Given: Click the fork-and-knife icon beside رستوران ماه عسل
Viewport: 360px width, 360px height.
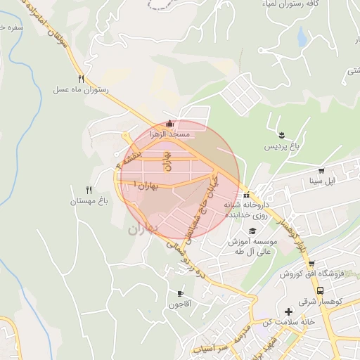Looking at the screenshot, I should (x=82, y=79).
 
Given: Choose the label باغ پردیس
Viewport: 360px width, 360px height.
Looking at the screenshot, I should (x=282, y=147).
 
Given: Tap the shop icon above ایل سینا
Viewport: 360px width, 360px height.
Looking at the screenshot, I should (x=322, y=170).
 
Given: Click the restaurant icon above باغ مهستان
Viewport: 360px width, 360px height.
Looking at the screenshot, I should (x=89, y=190).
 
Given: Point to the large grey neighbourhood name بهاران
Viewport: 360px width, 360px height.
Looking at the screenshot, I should (x=144, y=229).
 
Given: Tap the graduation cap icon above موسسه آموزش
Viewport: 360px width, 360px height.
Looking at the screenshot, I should (x=252, y=231).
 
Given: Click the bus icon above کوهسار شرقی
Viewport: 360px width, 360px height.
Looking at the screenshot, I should (x=321, y=290).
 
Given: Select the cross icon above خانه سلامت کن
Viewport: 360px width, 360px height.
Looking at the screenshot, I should (x=288, y=311).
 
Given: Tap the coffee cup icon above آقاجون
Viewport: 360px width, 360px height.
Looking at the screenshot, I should (x=180, y=294).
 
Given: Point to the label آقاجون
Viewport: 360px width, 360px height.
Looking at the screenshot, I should (x=179, y=304).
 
